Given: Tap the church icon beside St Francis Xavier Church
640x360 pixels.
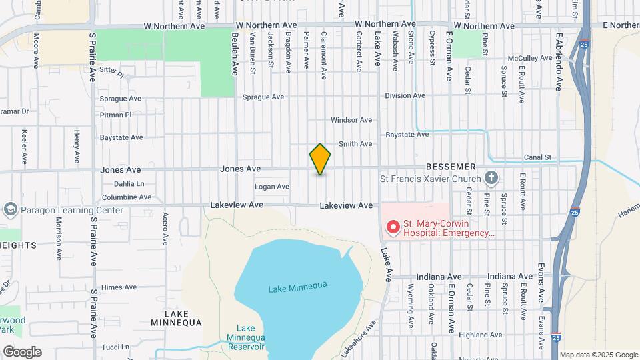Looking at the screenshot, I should (x=491, y=178).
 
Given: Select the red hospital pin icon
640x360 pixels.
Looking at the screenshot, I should (x=393, y=228).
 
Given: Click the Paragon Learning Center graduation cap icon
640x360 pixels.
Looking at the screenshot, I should (x=10, y=210).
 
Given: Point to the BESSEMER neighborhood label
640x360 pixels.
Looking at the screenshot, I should (x=451, y=166).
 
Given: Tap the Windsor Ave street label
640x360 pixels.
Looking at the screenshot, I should (x=351, y=120).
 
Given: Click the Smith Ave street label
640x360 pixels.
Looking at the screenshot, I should (x=355, y=143).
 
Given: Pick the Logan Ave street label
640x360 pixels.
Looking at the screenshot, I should (x=272, y=187).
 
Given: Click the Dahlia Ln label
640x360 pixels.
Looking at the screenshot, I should (x=129, y=183).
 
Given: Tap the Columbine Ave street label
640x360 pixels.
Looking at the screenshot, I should (x=127, y=197).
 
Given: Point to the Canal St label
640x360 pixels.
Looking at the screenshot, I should (x=540, y=157).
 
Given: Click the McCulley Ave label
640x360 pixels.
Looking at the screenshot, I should (x=532, y=58).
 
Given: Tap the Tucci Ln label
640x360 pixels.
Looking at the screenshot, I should (x=115, y=347).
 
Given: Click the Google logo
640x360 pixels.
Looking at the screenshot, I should (x=21, y=351).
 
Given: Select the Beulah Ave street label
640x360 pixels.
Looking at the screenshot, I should (x=235, y=53).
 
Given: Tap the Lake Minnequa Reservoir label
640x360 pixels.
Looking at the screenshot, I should (x=245, y=337).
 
